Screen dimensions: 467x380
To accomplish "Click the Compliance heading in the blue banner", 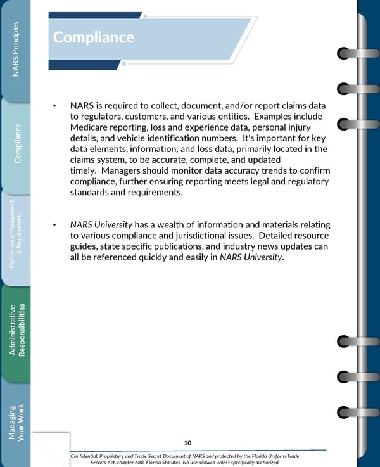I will (x=93, y=37).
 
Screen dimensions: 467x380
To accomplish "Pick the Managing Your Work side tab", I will (x=16, y=421).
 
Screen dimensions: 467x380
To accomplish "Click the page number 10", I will (x=187, y=442).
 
